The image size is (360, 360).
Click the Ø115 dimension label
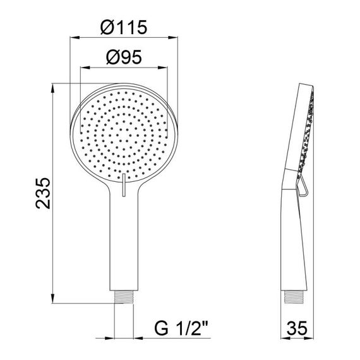(124, 27)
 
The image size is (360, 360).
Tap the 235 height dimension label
(43, 193)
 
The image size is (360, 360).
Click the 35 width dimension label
(297, 328)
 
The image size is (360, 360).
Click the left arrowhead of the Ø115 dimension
(75, 37)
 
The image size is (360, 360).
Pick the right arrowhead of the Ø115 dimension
(173, 37)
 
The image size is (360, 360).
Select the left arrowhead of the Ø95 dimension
(85, 68)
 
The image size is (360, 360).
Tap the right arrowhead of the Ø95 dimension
(162, 68)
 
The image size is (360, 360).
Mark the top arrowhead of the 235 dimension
(53, 88)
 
